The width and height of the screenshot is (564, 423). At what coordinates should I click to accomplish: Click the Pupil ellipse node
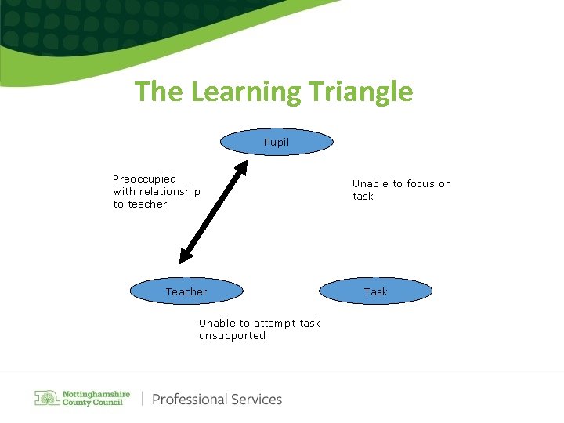tap(276, 142)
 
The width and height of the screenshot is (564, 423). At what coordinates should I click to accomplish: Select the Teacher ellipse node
tap(186, 291)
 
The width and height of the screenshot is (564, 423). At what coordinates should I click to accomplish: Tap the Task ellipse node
tap(375, 291)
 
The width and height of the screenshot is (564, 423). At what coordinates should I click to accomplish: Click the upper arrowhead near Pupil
tap(243, 166)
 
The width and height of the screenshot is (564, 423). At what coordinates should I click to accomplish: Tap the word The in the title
tap(159, 92)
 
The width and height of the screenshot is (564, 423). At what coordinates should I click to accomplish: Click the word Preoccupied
tap(145, 179)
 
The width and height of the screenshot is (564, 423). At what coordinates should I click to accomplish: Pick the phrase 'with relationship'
tap(157, 191)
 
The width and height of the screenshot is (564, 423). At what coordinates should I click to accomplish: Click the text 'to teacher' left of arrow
tap(140, 204)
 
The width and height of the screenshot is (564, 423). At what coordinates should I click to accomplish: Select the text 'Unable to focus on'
tap(402, 183)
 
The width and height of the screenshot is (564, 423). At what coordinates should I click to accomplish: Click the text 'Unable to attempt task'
tap(259, 323)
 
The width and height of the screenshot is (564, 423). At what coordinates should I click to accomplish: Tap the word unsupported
tap(232, 335)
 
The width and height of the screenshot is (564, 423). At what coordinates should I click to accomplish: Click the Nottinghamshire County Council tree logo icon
tap(47, 398)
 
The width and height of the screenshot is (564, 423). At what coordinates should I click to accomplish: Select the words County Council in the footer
tap(92, 403)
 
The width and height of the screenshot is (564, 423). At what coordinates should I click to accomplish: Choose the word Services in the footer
tap(257, 399)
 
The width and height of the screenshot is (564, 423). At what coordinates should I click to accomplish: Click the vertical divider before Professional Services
tap(143, 399)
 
